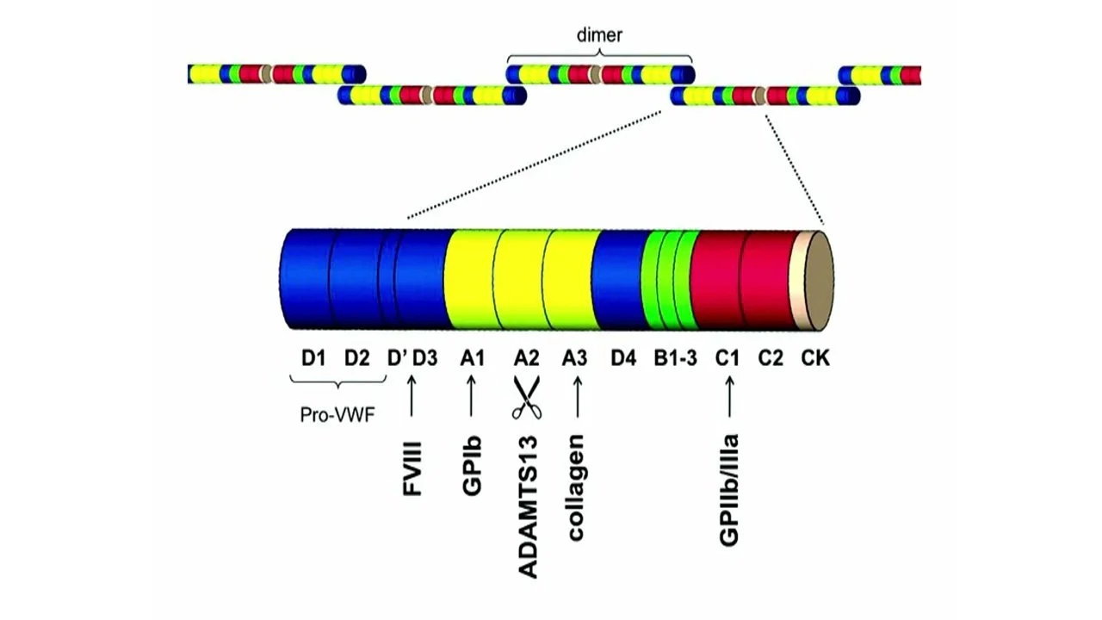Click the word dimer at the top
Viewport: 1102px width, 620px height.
point(598,36)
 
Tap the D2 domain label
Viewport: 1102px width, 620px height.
point(357,357)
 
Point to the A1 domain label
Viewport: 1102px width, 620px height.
point(473,357)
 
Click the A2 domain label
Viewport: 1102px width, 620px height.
point(527,357)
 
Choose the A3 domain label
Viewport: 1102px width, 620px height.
point(576,357)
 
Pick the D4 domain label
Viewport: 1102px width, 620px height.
point(623,357)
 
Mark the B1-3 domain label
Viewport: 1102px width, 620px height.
point(675,357)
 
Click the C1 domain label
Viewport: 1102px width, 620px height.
point(727,357)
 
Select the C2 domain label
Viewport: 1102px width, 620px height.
point(771,357)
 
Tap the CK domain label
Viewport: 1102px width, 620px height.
point(815,357)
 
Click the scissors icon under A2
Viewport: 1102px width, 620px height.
point(527,397)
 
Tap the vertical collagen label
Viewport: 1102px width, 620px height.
point(576,488)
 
